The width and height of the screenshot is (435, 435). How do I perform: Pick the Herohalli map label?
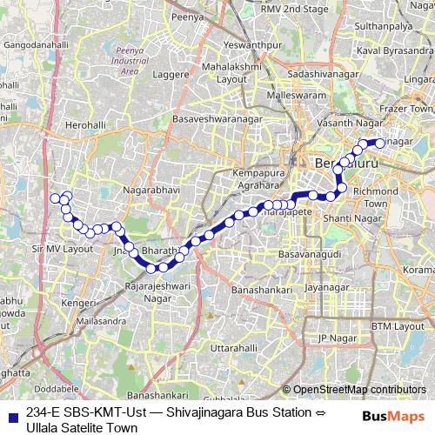pyautogui.click(x=84, y=125)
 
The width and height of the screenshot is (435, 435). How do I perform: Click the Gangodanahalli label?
pyautogui.click(x=42, y=42)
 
